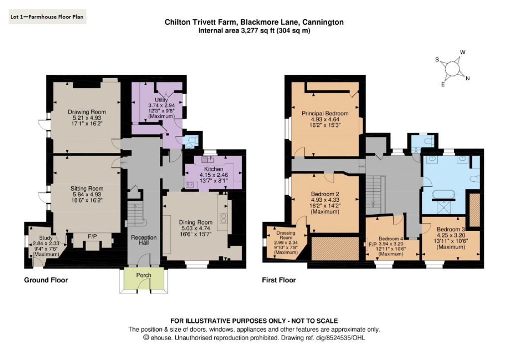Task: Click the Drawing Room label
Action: pyautogui.click(x=87, y=112)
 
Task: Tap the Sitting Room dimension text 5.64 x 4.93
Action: pyautogui.click(x=87, y=195)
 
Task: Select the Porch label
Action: pyautogui.click(x=143, y=275)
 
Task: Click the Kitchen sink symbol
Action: pyautogui.click(x=207, y=159)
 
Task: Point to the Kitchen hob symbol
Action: pyautogui.click(x=190, y=185)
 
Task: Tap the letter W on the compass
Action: pyautogui.click(x=463, y=52)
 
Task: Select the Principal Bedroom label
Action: pyautogui.click(x=325, y=114)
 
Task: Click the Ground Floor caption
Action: pyautogui.click(x=46, y=280)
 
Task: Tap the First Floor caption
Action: pyautogui.click(x=279, y=280)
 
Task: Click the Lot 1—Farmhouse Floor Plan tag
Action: pyautogui.click(x=47, y=16)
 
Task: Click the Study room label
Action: pyautogui.click(x=46, y=238)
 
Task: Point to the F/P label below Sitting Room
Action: pyautogui.click(x=92, y=237)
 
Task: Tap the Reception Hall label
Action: pyautogui.click(x=144, y=240)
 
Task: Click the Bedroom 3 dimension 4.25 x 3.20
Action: pyautogui.click(x=451, y=235)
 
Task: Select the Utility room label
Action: pyautogui.click(x=161, y=100)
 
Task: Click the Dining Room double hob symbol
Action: pyautogui.click(x=224, y=218)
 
